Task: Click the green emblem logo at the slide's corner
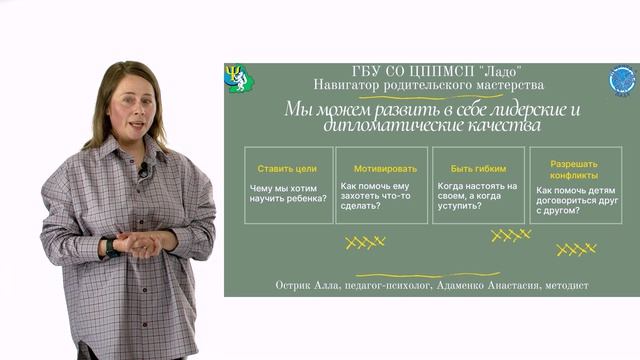click(239, 78)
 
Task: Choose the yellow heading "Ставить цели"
click(287, 168)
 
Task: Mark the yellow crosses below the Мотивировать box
click(365, 241)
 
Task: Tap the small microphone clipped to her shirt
click(144, 171)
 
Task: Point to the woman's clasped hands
click(137, 243)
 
